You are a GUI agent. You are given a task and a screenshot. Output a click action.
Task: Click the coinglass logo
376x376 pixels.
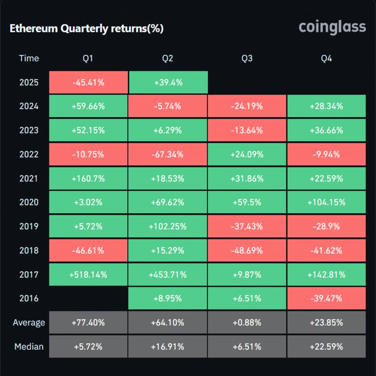(332, 27)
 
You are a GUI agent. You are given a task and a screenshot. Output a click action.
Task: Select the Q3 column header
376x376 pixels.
(247, 58)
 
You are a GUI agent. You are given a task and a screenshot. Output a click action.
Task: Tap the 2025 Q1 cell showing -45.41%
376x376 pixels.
(88, 82)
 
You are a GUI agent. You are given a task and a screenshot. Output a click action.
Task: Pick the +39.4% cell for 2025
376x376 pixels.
(168, 82)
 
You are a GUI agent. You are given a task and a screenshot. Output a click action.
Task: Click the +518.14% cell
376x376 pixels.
(88, 274)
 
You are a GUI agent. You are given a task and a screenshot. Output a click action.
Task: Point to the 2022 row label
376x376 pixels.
(29, 154)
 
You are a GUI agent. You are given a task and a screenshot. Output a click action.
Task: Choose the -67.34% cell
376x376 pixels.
(168, 154)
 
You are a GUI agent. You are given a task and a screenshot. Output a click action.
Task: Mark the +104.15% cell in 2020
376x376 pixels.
(326, 202)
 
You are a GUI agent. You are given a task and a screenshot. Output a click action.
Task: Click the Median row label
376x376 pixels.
(29, 347)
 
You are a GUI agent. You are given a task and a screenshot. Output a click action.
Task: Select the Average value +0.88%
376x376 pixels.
(247, 323)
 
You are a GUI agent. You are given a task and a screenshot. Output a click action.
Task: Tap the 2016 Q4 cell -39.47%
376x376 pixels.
(326, 298)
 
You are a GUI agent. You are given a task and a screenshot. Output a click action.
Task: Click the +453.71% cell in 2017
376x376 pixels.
(168, 274)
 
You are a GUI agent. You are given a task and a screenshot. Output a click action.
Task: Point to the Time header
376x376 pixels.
(29, 58)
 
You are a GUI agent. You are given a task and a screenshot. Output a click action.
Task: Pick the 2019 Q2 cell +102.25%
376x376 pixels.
(168, 226)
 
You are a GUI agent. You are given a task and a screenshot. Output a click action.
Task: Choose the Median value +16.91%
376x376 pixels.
(168, 347)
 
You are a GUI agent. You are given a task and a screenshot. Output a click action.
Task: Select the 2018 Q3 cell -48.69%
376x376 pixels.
(247, 251)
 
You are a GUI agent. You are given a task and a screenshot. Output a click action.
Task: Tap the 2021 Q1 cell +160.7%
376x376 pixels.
(88, 178)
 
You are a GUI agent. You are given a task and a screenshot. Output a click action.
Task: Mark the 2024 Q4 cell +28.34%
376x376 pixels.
(326, 106)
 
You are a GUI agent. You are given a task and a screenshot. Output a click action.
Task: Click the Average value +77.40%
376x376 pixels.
(88, 323)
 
